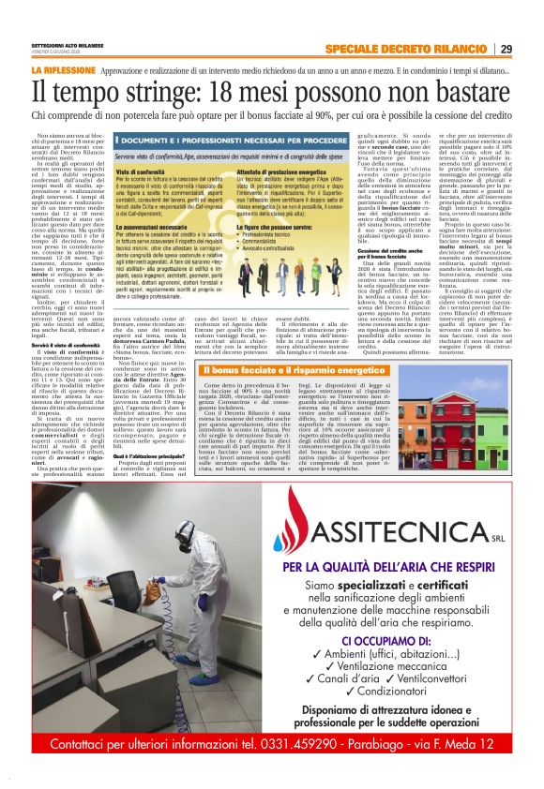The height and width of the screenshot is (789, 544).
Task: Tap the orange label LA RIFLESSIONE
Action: click(x=63, y=71)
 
